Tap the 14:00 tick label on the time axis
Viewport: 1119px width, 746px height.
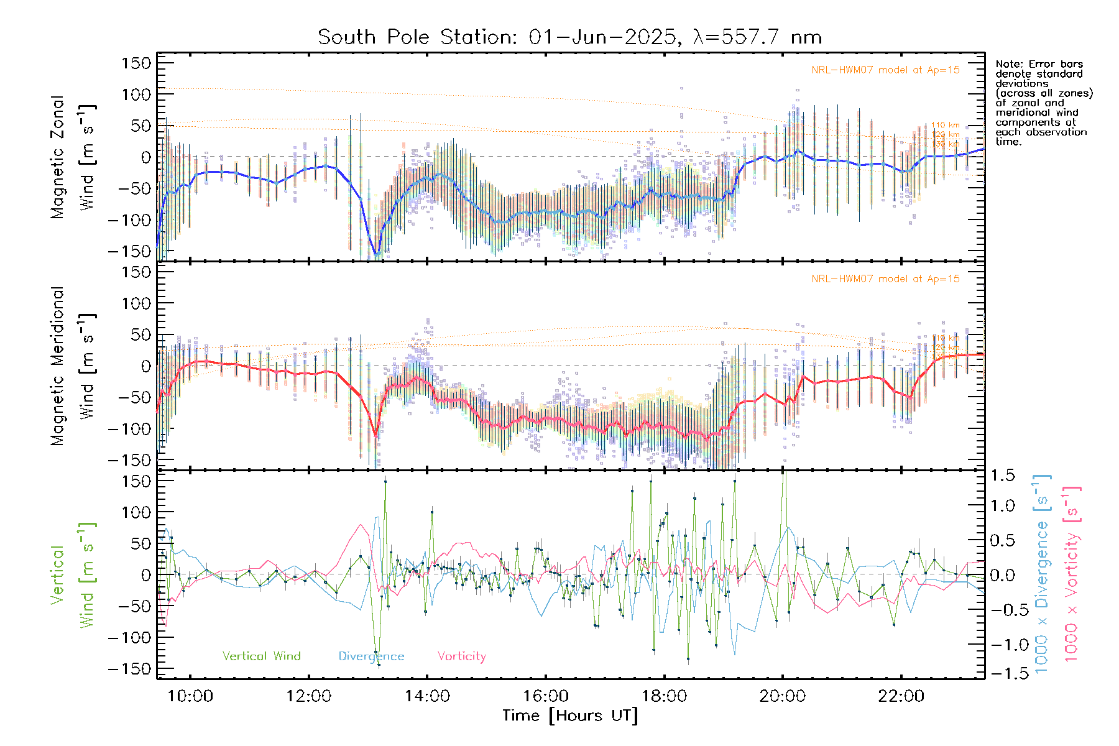tap(427, 696)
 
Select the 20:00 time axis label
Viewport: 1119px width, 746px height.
tap(782, 696)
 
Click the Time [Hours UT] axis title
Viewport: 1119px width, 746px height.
tap(570, 716)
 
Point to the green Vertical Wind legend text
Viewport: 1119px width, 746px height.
tap(261, 656)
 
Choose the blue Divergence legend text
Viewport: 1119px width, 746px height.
tap(371, 656)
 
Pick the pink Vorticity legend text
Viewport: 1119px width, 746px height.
tap(461, 656)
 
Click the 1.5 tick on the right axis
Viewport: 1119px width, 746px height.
tap(1003, 476)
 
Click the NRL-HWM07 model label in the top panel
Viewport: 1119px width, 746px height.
tap(885, 70)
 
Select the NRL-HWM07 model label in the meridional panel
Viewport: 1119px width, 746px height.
tap(885, 279)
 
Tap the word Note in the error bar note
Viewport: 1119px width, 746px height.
tap(1008, 64)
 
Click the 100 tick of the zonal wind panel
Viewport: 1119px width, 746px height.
tap(136, 94)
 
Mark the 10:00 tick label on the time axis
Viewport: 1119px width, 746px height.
tap(190, 696)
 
